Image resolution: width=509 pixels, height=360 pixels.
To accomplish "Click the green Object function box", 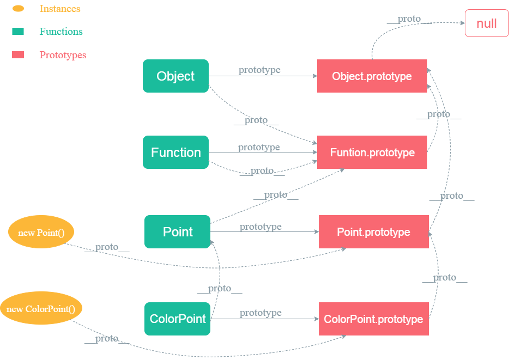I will [175, 76].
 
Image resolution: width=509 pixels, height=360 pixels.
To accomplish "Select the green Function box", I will [175, 152].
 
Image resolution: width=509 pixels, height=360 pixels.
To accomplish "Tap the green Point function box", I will [177, 232].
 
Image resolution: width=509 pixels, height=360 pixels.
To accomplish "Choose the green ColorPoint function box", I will [177, 319].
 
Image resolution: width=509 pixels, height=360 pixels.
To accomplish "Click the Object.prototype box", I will [372, 76].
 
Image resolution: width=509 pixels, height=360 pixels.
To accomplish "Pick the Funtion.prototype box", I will [372, 152].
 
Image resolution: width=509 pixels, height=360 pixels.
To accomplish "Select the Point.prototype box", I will [373, 232].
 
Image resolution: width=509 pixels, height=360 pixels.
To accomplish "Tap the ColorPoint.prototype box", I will [373, 319].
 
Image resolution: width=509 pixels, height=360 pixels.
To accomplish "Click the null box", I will [486, 23].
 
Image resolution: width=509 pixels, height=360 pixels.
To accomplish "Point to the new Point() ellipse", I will [41, 233].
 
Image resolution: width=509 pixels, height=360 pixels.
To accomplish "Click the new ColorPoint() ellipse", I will [41, 309].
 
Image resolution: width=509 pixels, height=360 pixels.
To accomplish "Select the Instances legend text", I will [60, 9].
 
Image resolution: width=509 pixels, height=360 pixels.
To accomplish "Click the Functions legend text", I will [60, 32].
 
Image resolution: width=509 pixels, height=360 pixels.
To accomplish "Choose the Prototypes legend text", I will [63, 55].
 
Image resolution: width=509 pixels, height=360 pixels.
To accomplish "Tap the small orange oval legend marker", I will [18, 9].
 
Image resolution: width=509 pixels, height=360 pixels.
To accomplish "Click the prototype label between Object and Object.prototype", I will [259, 70].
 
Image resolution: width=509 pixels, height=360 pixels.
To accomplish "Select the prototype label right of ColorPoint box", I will [260, 313].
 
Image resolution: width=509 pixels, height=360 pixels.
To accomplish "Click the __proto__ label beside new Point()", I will [106, 247].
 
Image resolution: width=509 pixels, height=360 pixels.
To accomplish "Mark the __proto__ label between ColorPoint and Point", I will [220, 289].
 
